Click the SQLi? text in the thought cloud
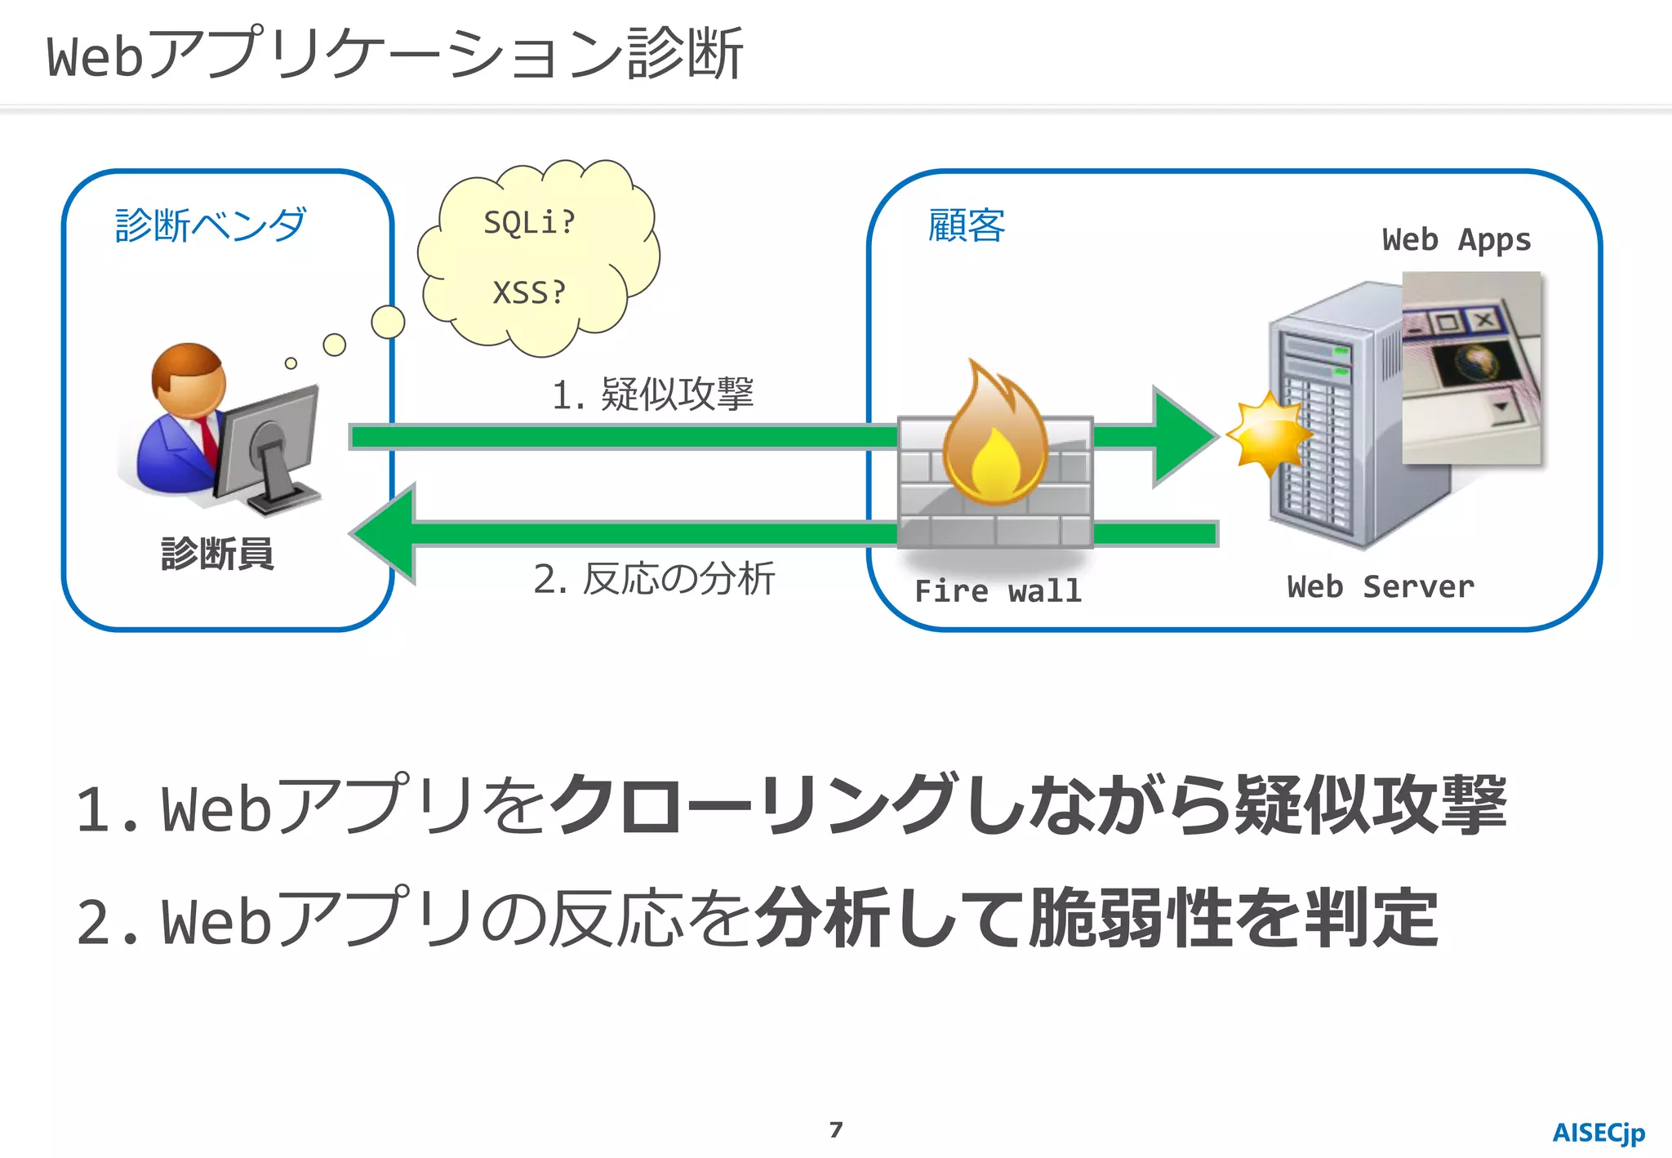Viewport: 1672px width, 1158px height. point(529,222)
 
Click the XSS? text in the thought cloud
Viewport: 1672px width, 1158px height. point(529,292)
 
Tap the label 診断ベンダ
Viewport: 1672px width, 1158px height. point(211,225)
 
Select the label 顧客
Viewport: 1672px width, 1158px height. point(966,225)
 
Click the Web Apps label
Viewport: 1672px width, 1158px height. point(1456,240)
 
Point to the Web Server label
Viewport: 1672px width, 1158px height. point(1381,586)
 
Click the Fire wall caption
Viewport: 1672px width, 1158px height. point(998,590)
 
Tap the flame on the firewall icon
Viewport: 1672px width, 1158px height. point(994,441)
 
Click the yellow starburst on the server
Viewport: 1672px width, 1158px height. point(1268,434)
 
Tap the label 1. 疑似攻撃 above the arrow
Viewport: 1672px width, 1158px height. point(652,394)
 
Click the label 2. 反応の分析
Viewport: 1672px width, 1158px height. point(653,578)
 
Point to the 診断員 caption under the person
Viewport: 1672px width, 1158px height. point(217,554)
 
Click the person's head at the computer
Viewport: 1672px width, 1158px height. point(189,378)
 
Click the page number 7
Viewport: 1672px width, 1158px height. point(835,1129)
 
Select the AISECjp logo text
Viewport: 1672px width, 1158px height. point(1598,1133)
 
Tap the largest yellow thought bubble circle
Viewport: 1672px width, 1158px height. point(388,322)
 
